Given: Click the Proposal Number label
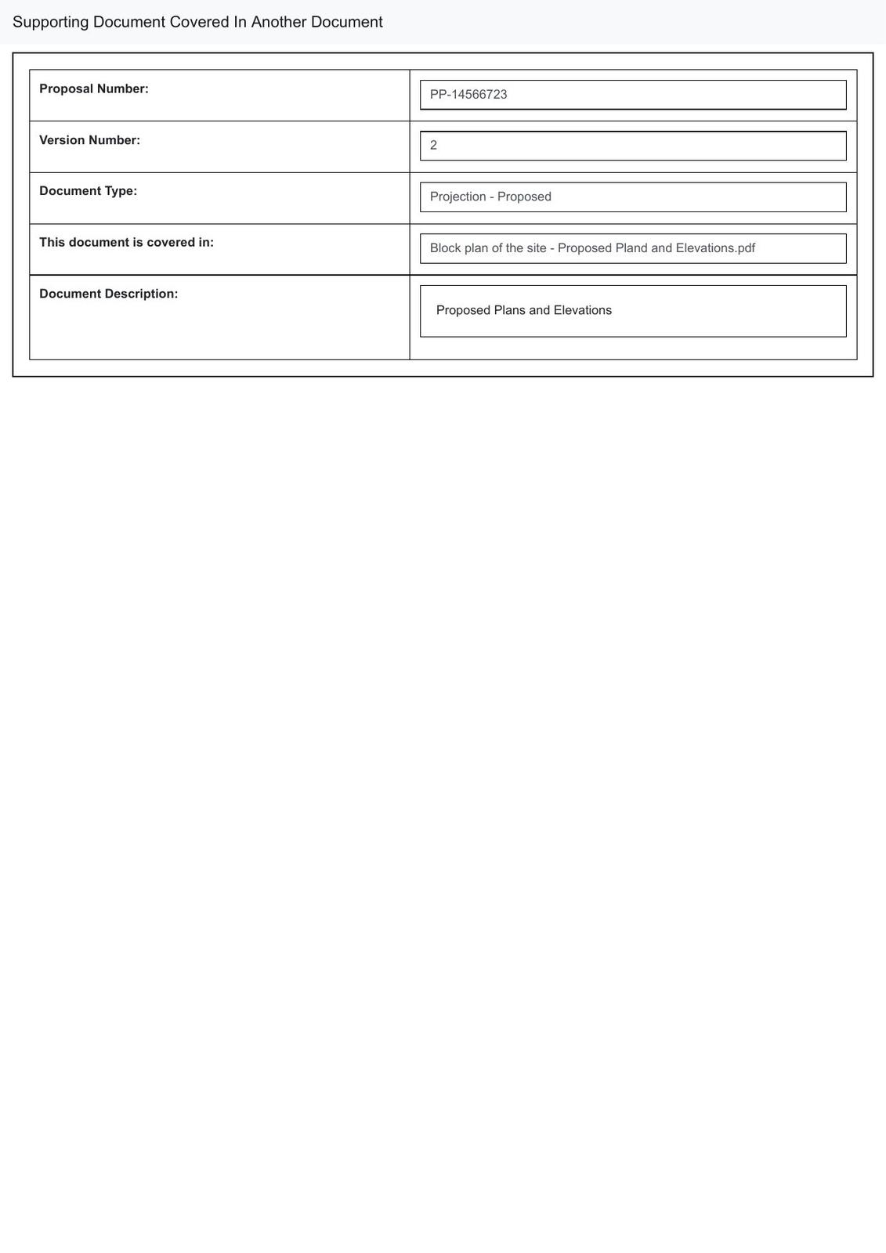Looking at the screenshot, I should (x=94, y=89).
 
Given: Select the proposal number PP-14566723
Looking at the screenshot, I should (x=468, y=95).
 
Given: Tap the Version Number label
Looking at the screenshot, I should (x=89, y=140).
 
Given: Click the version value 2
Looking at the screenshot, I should (x=434, y=146).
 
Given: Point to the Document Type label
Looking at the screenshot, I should (x=88, y=191).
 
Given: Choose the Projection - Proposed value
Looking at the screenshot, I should (x=490, y=197).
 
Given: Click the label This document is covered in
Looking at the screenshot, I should (x=126, y=243).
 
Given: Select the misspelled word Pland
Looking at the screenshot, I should (x=631, y=248).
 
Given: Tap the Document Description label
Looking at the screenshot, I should (x=108, y=294).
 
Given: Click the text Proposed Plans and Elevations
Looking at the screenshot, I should (x=523, y=310).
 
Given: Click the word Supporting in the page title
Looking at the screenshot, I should (x=50, y=22).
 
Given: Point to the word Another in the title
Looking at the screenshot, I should (x=278, y=22).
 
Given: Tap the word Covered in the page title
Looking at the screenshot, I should (x=199, y=22).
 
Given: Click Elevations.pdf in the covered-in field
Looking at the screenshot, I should (x=715, y=248).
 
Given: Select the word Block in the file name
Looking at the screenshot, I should (x=445, y=248).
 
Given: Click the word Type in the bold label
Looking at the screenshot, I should (x=123, y=191).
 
